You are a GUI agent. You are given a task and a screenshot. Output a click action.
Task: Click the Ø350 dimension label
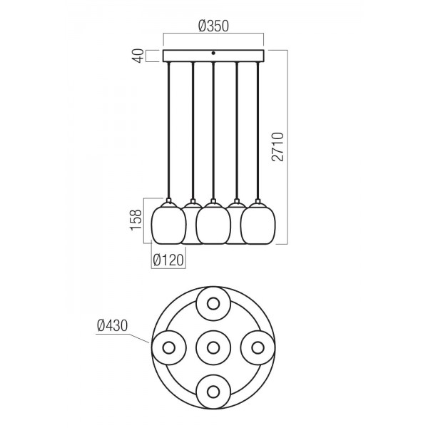coord(213,26)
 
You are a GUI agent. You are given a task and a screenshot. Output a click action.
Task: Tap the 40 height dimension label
coord(138,56)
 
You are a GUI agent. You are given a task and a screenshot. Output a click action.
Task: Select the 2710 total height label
coord(278,147)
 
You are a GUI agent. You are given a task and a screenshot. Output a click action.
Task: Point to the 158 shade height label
coord(136,220)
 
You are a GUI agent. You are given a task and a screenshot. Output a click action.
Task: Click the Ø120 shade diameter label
coord(168,260)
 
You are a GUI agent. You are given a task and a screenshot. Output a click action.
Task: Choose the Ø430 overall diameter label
coord(113,325)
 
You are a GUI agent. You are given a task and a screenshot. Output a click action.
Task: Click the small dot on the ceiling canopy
coord(213,53)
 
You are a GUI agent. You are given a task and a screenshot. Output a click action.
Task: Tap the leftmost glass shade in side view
coord(168,223)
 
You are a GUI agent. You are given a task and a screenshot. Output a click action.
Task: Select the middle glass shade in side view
coord(213,223)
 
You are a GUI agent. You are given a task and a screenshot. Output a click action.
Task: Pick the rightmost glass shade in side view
coord(258,223)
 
